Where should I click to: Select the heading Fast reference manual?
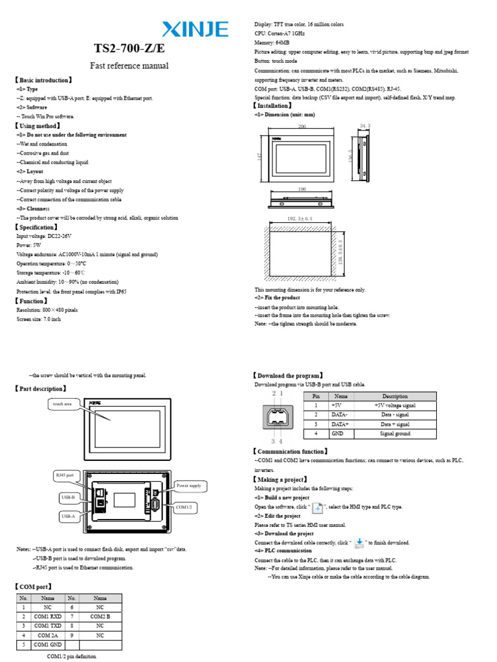point(128,66)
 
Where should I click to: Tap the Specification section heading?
point(41,228)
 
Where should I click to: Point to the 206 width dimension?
point(302,127)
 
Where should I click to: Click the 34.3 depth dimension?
point(365,125)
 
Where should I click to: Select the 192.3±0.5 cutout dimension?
point(299,219)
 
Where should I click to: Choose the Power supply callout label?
point(188,485)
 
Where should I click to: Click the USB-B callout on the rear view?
point(68,498)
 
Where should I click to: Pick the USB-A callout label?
point(68,517)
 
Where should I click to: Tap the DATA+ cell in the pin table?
point(340,424)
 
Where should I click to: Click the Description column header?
point(395,396)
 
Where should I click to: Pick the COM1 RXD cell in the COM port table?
point(47,617)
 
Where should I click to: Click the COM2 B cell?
point(100,617)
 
